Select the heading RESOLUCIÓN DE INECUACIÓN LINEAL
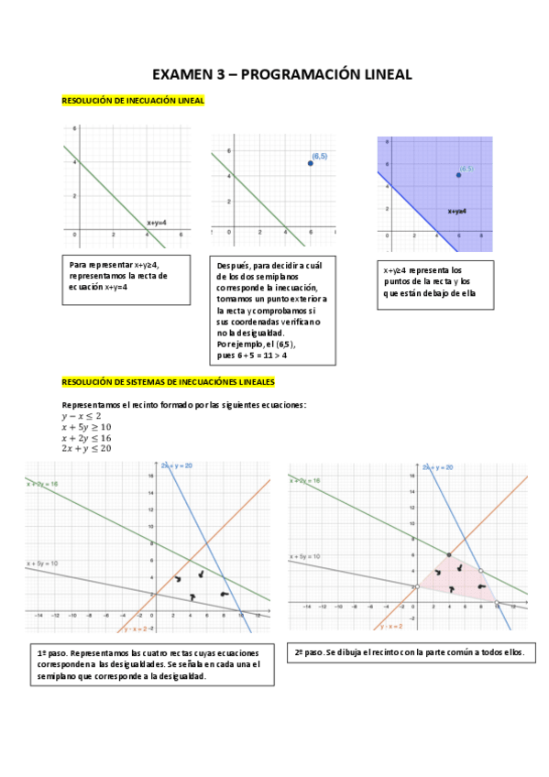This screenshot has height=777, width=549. [132, 101]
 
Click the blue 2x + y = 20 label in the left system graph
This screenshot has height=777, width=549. [178, 466]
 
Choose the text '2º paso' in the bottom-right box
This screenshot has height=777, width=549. [313, 653]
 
